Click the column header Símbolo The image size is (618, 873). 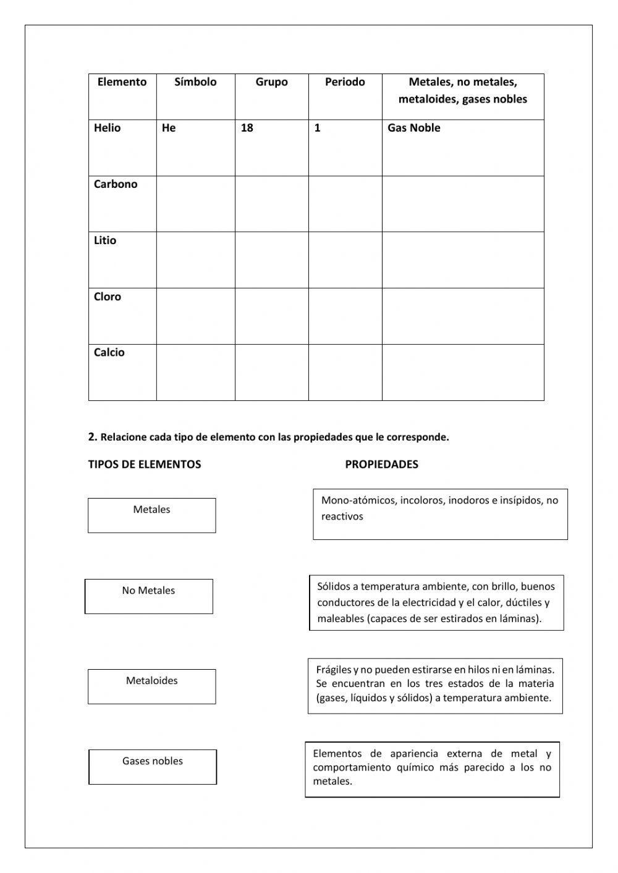(x=195, y=82)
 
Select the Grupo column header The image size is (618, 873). (x=271, y=82)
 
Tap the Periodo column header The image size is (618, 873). (x=345, y=82)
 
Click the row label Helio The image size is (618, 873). (x=108, y=129)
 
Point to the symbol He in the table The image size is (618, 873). (x=169, y=129)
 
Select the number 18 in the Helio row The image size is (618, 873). (x=247, y=129)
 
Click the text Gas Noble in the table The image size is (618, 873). (x=413, y=129)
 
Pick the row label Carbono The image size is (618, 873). (x=116, y=184)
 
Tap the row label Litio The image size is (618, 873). (x=105, y=241)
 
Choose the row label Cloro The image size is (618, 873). (x=108, y=297)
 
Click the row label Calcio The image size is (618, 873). (x=109, y=353)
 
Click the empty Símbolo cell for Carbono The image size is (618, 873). (x=195, y=204)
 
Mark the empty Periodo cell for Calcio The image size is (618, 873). (x=345, y=373)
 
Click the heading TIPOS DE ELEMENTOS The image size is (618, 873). (x=145, y=465)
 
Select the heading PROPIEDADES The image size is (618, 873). (x=381, y=465)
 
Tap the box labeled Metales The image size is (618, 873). (x=152, y=515)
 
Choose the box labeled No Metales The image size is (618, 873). (x=149, y=596)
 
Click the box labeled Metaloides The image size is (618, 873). (x=152, y=686)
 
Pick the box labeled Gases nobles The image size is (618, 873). (x=153, y=767)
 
